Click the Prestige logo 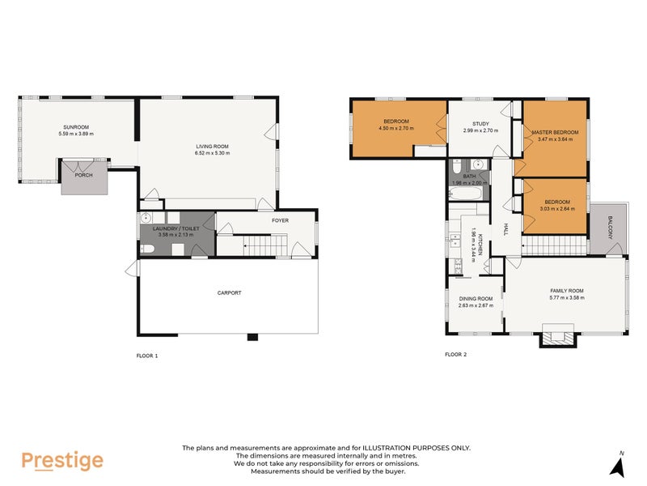click(x=61, y=460)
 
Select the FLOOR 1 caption click(x=146, y=355)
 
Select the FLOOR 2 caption click(x=455, y=355)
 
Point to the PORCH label click(x=83, y=175)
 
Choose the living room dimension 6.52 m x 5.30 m click(x=212, y=153)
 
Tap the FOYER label click(x=280, y=220)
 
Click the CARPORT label click(x=229, y=292)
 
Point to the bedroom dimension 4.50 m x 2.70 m click(x=395, y=129)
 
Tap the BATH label click(x=469, y=176)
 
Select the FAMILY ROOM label click(x=566, y=291)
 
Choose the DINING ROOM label click(x=476, y=299)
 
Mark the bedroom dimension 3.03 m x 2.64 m click(x=556, y=209)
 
